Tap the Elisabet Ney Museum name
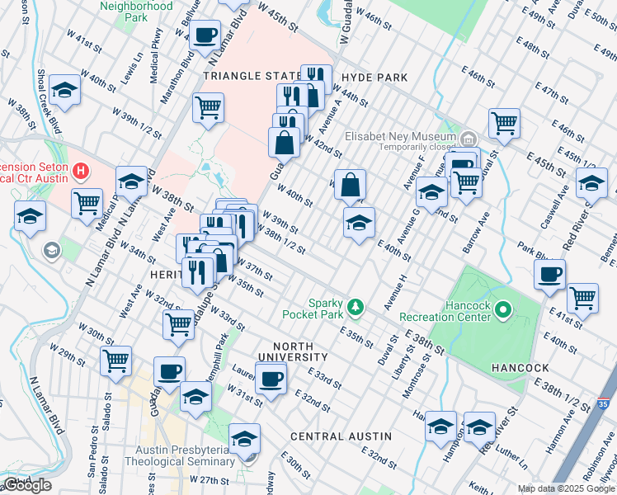click(400, 136)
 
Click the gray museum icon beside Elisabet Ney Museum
click(468, 137)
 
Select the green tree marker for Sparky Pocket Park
click(356, 307)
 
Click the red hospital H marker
click(80, 172)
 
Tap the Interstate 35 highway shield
click(604, 403)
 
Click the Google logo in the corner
click(27, 486)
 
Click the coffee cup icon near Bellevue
click(205, 35)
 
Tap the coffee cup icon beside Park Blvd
click(549, 274)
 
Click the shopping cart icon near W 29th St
click(115, 360)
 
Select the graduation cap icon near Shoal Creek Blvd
click(64, 89)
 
